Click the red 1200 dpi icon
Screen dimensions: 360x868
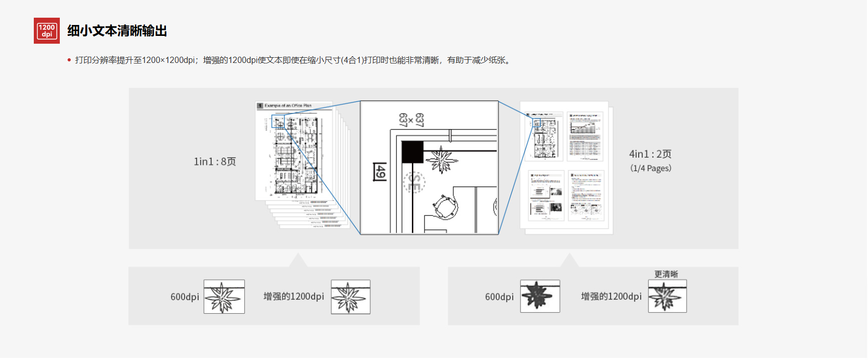pos(47,31)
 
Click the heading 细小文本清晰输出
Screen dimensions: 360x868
pos(117,31)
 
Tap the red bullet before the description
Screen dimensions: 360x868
pos(69,60)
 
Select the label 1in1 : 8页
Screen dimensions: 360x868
pos(215,162)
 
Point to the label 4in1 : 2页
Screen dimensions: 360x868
pos(650,154)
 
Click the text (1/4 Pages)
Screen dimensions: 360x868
pos(651,169)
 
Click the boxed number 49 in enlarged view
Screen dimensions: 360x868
pos(380,172)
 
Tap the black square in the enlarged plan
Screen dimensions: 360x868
pos(412,152)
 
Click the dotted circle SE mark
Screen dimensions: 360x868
pos(414,183)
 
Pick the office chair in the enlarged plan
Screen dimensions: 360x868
pos(445,207)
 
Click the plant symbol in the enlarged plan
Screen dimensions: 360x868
pos(442,159)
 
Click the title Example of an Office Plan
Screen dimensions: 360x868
pos(288,106)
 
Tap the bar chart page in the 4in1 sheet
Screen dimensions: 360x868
pos(586,136)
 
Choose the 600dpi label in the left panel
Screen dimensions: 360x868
pos(185,297)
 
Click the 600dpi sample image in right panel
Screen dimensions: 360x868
pos(540,297)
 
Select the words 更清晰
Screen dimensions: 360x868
pos(666,274)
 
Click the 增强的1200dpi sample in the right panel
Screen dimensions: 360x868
pos(667,297)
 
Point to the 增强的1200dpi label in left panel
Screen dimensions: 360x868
pos(294,297)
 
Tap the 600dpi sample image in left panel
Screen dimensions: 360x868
pos(224,297)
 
